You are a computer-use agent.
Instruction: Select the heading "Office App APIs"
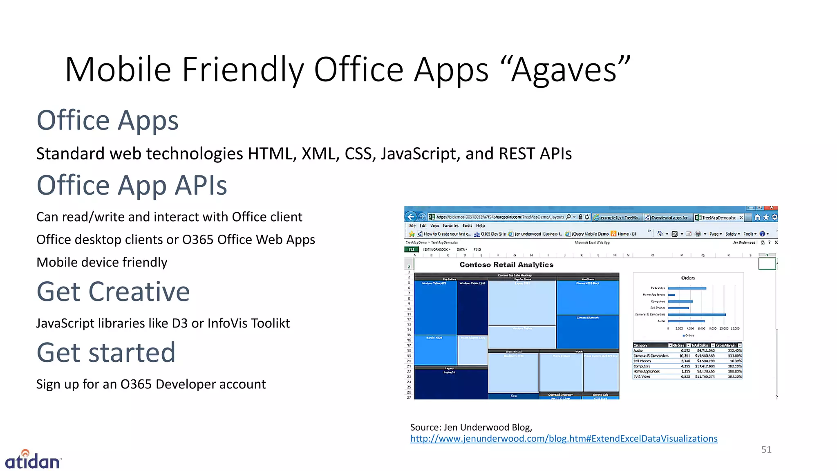[x=132, y=185]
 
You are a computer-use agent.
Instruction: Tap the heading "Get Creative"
[x=113, y=292]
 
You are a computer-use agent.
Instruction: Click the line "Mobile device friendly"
[x=102, y=262]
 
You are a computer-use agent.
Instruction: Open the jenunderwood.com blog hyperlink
[x=564, y=438]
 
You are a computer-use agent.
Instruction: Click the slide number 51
[x=766, y=449]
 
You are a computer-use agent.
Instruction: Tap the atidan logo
[x=33, y=460]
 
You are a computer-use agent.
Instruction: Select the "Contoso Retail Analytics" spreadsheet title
[x=506, y=265]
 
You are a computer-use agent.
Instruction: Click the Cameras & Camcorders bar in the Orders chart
[x=697, y=314]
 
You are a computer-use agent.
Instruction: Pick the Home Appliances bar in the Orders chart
[x=671, y=294]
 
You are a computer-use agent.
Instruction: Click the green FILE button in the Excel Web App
[x=411, y=249]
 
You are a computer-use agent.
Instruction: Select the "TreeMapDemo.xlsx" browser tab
[x=718, y=218]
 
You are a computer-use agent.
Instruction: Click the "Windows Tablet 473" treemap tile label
[x=434, y=283]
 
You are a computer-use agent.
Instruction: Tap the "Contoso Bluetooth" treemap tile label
[x=587, y=318]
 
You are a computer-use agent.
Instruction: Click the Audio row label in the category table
[x=638, y=350]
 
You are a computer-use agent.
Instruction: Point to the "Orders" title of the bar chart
[x=688, y=278]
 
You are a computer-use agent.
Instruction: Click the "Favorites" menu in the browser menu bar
[x=450, y=226]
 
